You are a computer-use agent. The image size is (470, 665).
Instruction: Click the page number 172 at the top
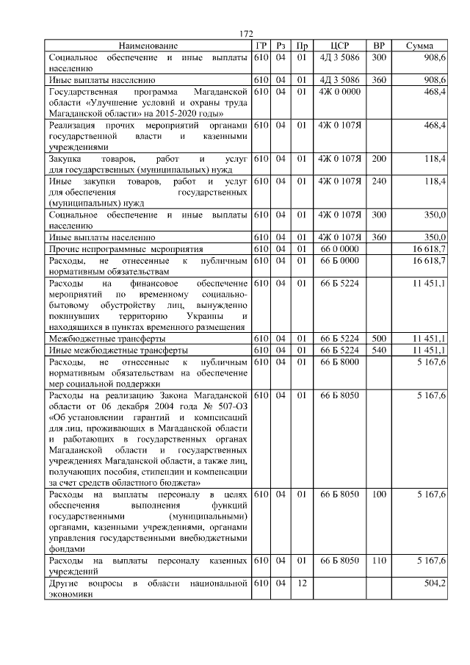tap(247, 34)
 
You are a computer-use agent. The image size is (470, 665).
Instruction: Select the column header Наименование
tap(148, 46)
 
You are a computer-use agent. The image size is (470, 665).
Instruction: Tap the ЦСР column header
tap(339, 46)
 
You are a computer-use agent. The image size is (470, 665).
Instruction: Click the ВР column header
tap(379, 46)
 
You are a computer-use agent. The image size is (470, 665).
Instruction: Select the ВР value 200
tap(379, 159)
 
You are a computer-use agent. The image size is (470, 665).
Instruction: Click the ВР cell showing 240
tap(379, 181)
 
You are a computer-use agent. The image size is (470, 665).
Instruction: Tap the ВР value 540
tap(379, 350)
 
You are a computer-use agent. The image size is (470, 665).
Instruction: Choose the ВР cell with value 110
tap(379, 561)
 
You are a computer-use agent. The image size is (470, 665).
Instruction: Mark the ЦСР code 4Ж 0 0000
tap(339, 91)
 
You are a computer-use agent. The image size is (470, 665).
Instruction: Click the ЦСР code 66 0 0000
tap(339, 249)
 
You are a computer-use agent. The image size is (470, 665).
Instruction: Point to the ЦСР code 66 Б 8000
tap(339, 362)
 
